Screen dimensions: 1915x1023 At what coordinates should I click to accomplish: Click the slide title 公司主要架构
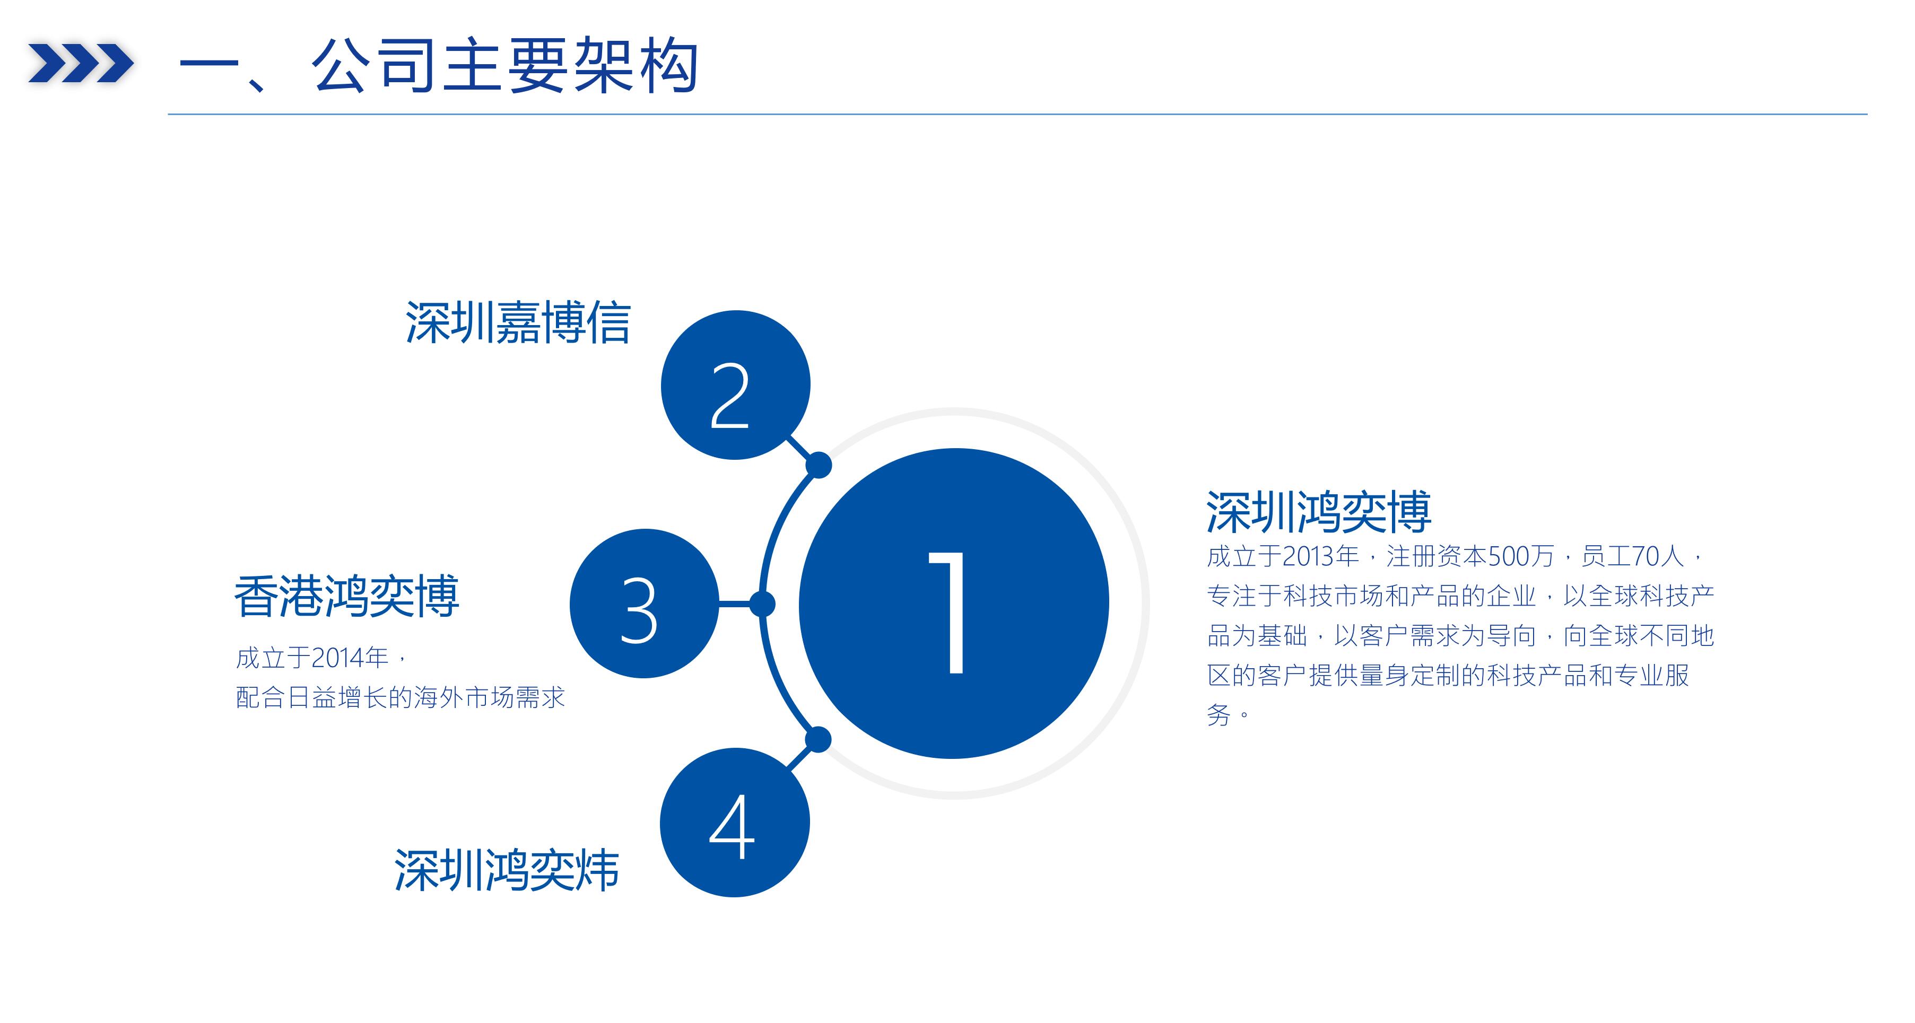pos(505,66)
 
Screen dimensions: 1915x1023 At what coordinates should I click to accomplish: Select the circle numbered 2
pos(735,385)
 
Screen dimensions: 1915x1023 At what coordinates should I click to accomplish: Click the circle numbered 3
pos(645,604)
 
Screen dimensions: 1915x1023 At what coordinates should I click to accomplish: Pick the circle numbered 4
pos(735,822)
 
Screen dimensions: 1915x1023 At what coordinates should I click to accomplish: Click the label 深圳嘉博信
pos(518,323)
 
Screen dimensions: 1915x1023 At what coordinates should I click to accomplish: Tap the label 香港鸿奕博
pos(346,596)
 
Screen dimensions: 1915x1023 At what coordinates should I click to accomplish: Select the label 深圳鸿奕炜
pos(506,870)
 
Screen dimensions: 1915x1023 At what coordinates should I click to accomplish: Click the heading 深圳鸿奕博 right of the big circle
pos(1319,512)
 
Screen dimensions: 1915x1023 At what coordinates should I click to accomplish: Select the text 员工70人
pos(1632,556)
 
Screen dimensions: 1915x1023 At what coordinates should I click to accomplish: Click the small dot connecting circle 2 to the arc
pos(819,466)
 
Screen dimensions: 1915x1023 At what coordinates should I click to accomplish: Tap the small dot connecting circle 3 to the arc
pos(762,604)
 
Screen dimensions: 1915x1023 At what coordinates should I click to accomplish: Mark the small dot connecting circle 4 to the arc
pos(818,740)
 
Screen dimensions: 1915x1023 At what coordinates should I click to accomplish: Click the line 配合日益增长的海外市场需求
pos(401,697)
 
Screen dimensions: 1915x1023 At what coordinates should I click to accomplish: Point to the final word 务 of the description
pos(1218,715)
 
